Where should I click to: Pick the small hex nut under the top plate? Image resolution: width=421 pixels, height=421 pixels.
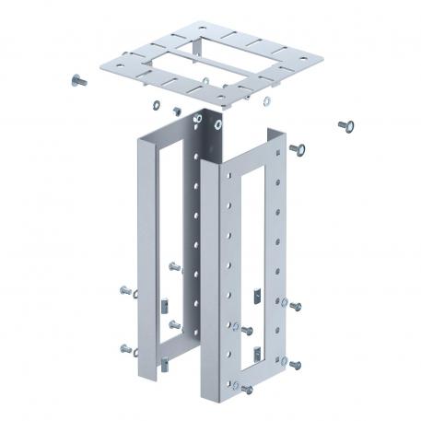point(172,109)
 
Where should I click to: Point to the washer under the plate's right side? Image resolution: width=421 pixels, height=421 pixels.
point(268,99)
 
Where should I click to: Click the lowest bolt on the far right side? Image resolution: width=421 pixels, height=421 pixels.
point(296,365)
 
